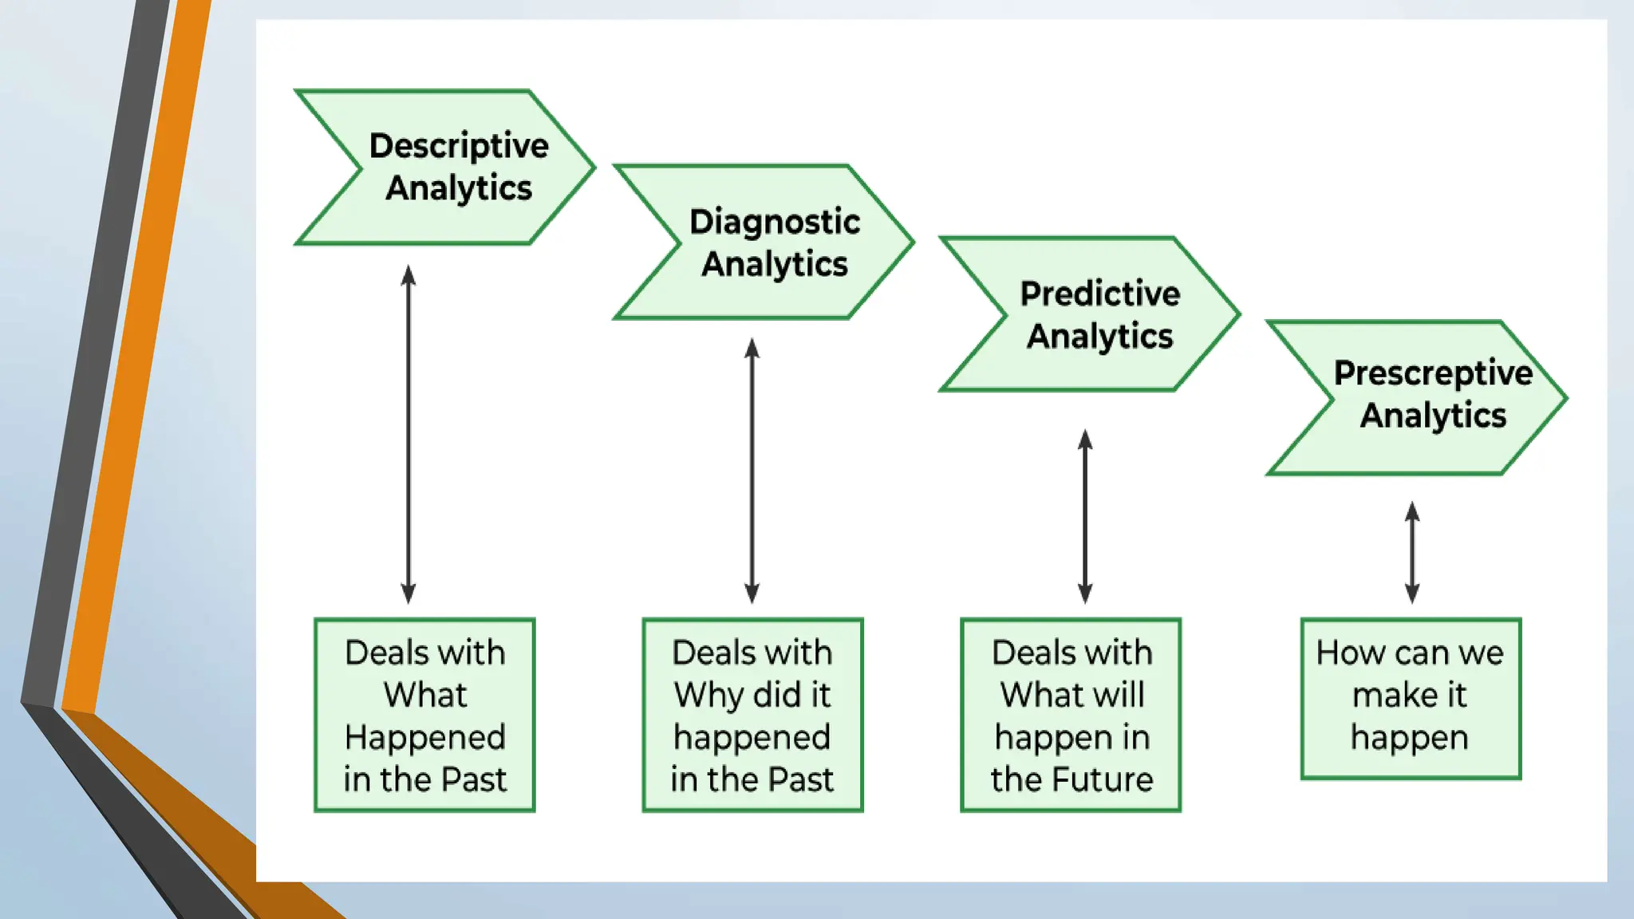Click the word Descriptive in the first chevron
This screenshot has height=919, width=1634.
coord(459,146)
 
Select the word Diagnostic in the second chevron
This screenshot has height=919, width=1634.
coord(775,222)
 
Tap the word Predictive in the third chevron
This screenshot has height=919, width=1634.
coord(1100,294)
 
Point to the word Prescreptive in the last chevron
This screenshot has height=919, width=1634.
coord(1433,373)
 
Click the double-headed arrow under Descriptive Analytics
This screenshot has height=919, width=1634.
coord(408,435)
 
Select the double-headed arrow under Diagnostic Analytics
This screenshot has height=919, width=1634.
coord(752,471)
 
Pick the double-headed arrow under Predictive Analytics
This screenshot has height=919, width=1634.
coord(1085,516)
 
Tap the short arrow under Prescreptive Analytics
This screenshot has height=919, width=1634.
coord(1412,552)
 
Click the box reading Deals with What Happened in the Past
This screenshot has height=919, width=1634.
coord(424,715)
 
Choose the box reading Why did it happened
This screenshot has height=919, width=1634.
coord(752,715)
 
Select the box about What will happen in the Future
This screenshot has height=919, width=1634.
coord(1071,715)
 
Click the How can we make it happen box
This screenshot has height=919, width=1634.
coord(1411,698)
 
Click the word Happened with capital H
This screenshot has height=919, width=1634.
coord(425,738)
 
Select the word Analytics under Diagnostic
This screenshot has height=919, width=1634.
coord(775,264)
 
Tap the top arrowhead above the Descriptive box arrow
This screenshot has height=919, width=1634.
coord(408,276)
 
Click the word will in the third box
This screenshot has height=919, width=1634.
coord(1119,695)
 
